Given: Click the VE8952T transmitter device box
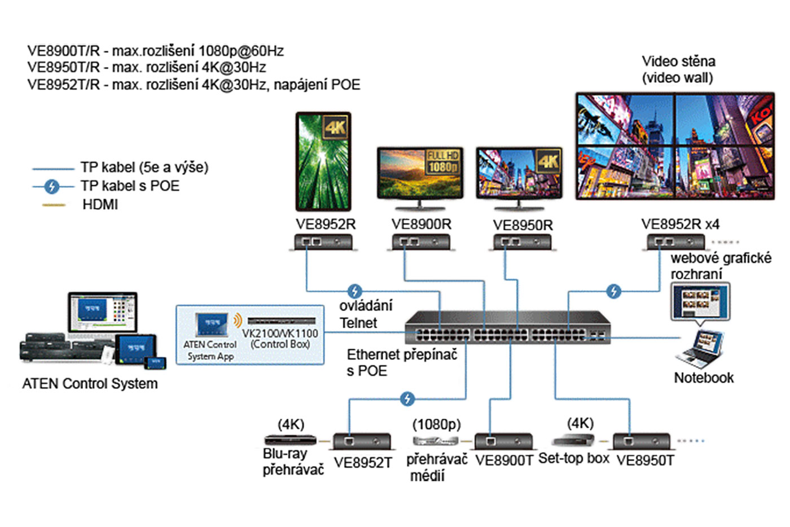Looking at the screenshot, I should click(362, 441).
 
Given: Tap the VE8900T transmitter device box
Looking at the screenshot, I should click(503, 441).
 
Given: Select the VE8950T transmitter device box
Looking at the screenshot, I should click(642, 441).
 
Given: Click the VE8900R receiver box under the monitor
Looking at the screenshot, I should click(421, 243).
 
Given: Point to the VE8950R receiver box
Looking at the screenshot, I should click(522, 243).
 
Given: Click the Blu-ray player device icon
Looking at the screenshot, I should click(290, 440).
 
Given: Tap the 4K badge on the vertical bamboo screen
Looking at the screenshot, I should click(335, 128).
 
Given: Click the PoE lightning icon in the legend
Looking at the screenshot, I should click(52, 186).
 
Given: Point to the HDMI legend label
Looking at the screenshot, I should click(100, 205).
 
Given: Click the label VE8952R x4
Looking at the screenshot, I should click(680, 224).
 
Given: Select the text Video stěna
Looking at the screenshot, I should click(678, 61).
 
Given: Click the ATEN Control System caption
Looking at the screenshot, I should click(90, 384).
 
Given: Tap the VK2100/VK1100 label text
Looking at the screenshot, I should click(280, 333).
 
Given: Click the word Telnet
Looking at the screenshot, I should click(358, 323).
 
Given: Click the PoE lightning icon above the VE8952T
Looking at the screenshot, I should click(407, 399).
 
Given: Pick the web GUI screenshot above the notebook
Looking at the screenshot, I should click(700, 302).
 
